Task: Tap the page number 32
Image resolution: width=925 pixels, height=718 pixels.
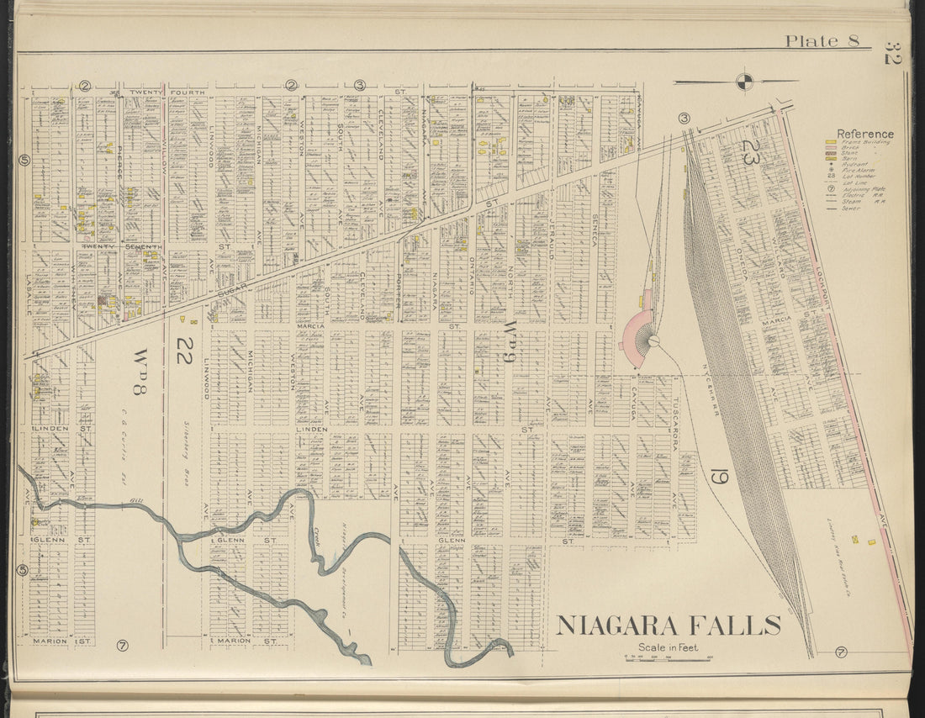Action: point(892,53)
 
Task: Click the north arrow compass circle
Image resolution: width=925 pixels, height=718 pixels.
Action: point(744,82)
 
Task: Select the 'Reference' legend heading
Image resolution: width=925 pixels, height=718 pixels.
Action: point(865,134)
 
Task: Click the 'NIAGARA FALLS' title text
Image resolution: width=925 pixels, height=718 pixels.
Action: point(669,626)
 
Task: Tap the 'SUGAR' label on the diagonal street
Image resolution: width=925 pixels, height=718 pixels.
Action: point(233,290)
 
